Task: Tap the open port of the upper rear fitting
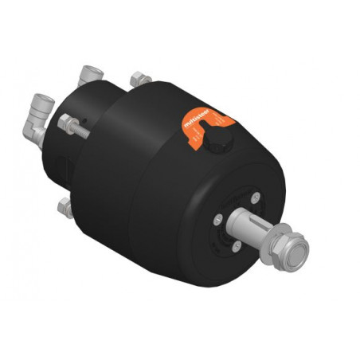(x=91, y=71)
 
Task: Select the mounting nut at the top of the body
(x=141, y=79)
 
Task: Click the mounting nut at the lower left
(x=66, y=208)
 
